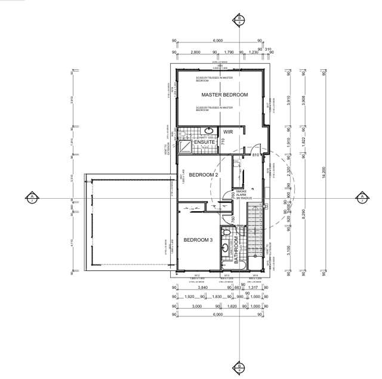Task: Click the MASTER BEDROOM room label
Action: [224, 95]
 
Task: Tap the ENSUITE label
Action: [196, 141]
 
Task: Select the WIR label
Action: [227, 132]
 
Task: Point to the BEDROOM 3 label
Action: [198, 240]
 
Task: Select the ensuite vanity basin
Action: [210, 130]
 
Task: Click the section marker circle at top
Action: [239, 19]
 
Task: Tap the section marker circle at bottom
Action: [239, 366]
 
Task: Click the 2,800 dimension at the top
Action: [195, 53]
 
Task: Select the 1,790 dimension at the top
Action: [227, 53]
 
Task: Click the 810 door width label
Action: [255, 155]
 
